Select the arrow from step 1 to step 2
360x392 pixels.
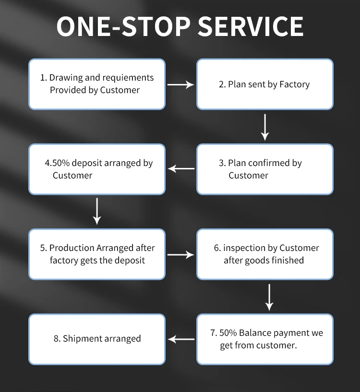click(180, 84)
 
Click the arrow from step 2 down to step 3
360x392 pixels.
click(264, 127)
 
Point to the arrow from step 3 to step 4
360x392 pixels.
click(181, 168)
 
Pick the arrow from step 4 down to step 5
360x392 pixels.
click(97, 211)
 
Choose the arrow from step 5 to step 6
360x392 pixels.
click(180, 255)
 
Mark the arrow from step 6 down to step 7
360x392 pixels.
click(269, 297)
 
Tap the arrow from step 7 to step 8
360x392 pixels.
click(181, 339)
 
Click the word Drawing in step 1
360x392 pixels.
click(65, 77)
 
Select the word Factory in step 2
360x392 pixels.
click(295, 84)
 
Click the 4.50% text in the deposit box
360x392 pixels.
click(57, 163)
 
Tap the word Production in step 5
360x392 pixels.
click(72, 248)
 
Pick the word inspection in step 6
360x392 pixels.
click(244, 248)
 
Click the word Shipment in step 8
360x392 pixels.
click(83, 339)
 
